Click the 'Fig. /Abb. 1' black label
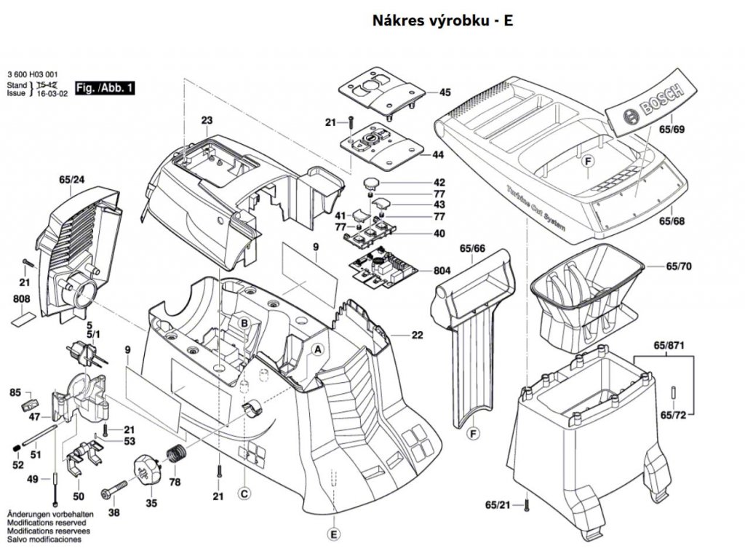coord(105,88)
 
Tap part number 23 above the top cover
coord(207,120)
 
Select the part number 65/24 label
coord(72,180)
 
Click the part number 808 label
coord(21,299)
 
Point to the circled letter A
coord(318,349)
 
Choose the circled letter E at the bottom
coord(334,534)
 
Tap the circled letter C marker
coord(244,494)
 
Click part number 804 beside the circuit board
coord(442,271)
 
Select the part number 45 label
coord(445,92)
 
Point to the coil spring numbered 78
coord(176,454)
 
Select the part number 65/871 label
coord(669,346)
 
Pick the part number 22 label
coord(417,335)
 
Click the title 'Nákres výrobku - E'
coord(442,20)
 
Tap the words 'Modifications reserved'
coord(47,523)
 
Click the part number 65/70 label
coord(679,266)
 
